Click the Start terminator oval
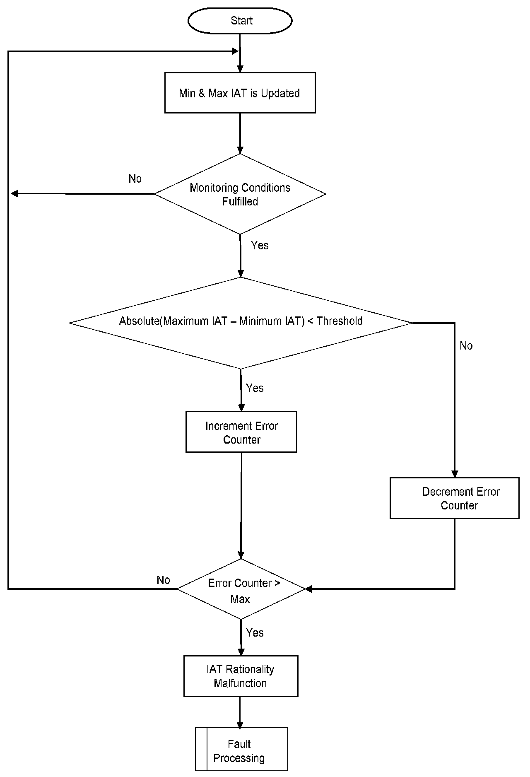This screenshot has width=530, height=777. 240,21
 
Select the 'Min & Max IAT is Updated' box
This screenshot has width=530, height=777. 240,93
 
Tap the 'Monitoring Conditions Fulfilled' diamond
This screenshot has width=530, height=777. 240,194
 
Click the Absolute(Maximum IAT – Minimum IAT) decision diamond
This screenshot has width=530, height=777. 241,322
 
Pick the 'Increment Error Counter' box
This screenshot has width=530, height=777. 241,432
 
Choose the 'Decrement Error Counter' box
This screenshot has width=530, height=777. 454,498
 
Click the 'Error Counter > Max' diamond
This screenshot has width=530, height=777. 241,589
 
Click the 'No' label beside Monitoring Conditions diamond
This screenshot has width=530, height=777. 135,179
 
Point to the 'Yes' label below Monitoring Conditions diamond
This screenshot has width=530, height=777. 260,245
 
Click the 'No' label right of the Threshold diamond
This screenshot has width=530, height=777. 466,346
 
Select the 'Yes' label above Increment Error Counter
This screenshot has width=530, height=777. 255,388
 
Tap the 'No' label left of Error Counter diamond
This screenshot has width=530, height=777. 163,580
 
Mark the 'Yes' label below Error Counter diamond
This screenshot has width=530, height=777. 255,632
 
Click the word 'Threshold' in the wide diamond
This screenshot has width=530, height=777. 340,321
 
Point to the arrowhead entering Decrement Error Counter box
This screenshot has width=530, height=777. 455,474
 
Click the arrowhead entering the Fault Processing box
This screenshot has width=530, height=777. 240,725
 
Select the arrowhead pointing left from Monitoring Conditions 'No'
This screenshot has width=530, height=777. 14,193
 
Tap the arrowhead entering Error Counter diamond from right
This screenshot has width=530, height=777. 308,589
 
